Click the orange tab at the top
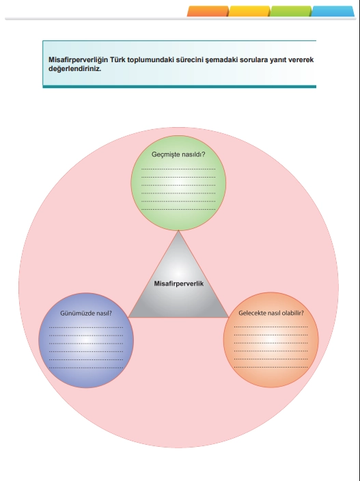(x=208, y=11)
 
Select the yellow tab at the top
(x=249, y=11)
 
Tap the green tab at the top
(x=291, y=11)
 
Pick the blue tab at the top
(x=333, y=11)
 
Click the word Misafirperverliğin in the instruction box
(x=78, y=60)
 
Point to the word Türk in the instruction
(x=117, y=60)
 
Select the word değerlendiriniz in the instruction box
(x=75, y=69)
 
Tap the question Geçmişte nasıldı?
(x=178, y=154)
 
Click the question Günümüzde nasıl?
(x=86, y=313)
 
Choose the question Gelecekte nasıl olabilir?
(x=271, y=313)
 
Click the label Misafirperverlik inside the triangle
(x=179, y=284)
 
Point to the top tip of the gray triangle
(x=178, y=231)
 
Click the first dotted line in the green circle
(x=178, y=169)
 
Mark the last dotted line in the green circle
(x=178, y=210)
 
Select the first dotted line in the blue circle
(x=86, y=328)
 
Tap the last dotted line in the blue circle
(x=86, y=368)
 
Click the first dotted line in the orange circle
(x=271, y=327)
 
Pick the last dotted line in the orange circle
(x=271, y=367)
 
